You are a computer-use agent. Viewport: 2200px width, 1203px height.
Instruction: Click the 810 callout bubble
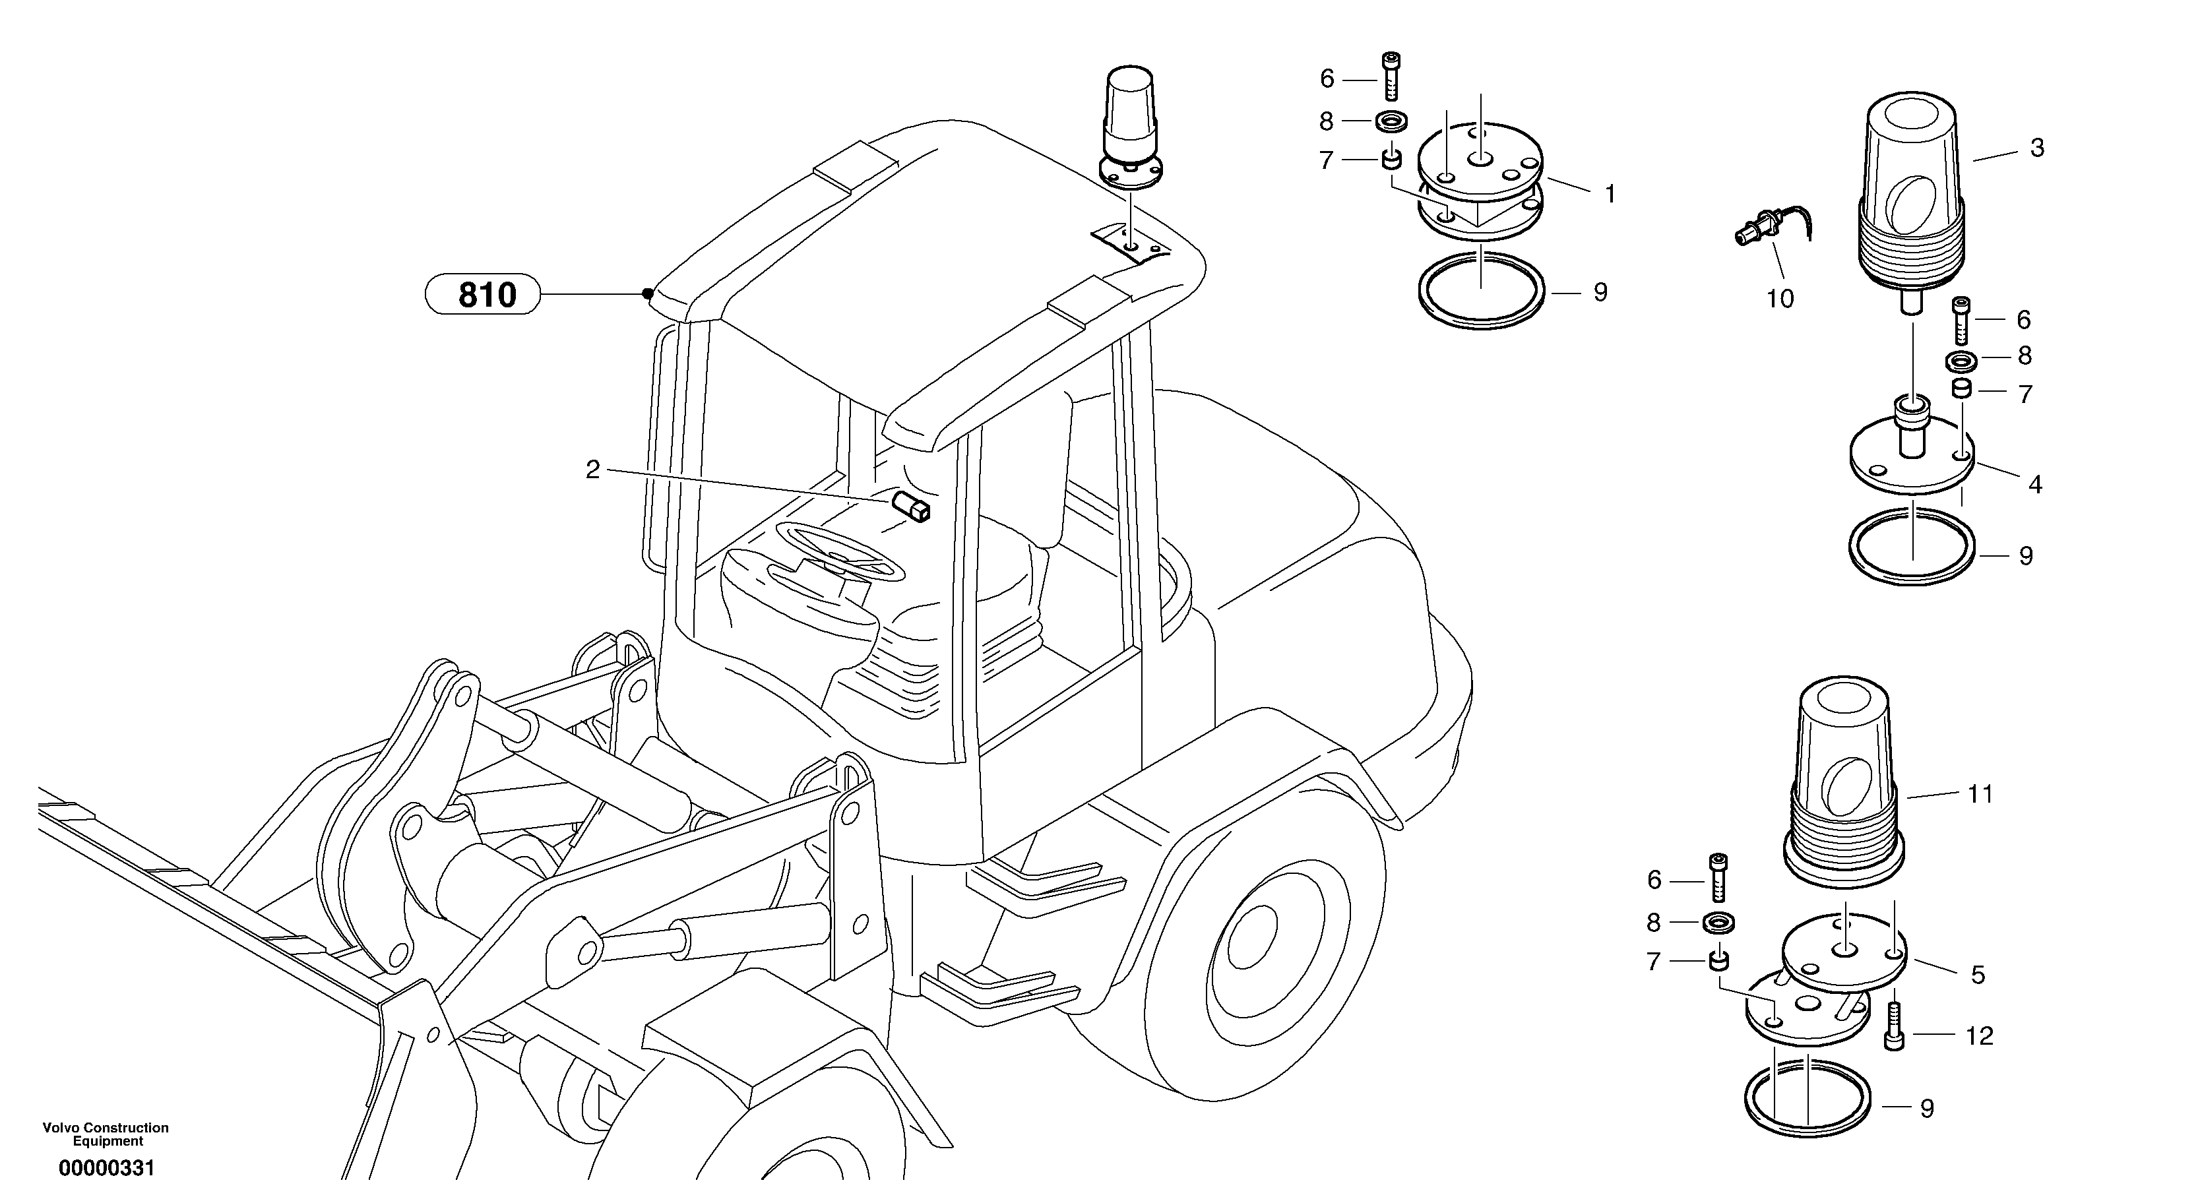click(x=484, y=295)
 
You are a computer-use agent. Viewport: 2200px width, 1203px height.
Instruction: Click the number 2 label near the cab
click(x=592, y=470)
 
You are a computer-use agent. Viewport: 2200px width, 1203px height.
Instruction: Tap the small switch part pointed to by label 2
click(x=911, y=507)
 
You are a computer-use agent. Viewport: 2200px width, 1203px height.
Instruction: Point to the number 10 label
click(x=1780, y=299)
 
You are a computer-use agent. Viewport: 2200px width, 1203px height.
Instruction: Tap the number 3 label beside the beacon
click(x=2037, y=148)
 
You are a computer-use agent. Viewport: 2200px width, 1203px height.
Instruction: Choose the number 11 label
click(x=1980, y=794)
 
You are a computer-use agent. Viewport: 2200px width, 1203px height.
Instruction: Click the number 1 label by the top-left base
click(x=1610, y=195)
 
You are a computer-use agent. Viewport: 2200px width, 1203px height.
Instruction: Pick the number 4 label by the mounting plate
click(x=2035, y=485)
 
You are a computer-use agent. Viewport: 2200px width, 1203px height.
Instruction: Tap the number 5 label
click(x=1978, y=974)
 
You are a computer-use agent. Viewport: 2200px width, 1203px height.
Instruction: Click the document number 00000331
click(x=107, y=1168)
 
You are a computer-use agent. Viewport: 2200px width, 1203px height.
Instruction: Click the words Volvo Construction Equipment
click(x=106, y=1134)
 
